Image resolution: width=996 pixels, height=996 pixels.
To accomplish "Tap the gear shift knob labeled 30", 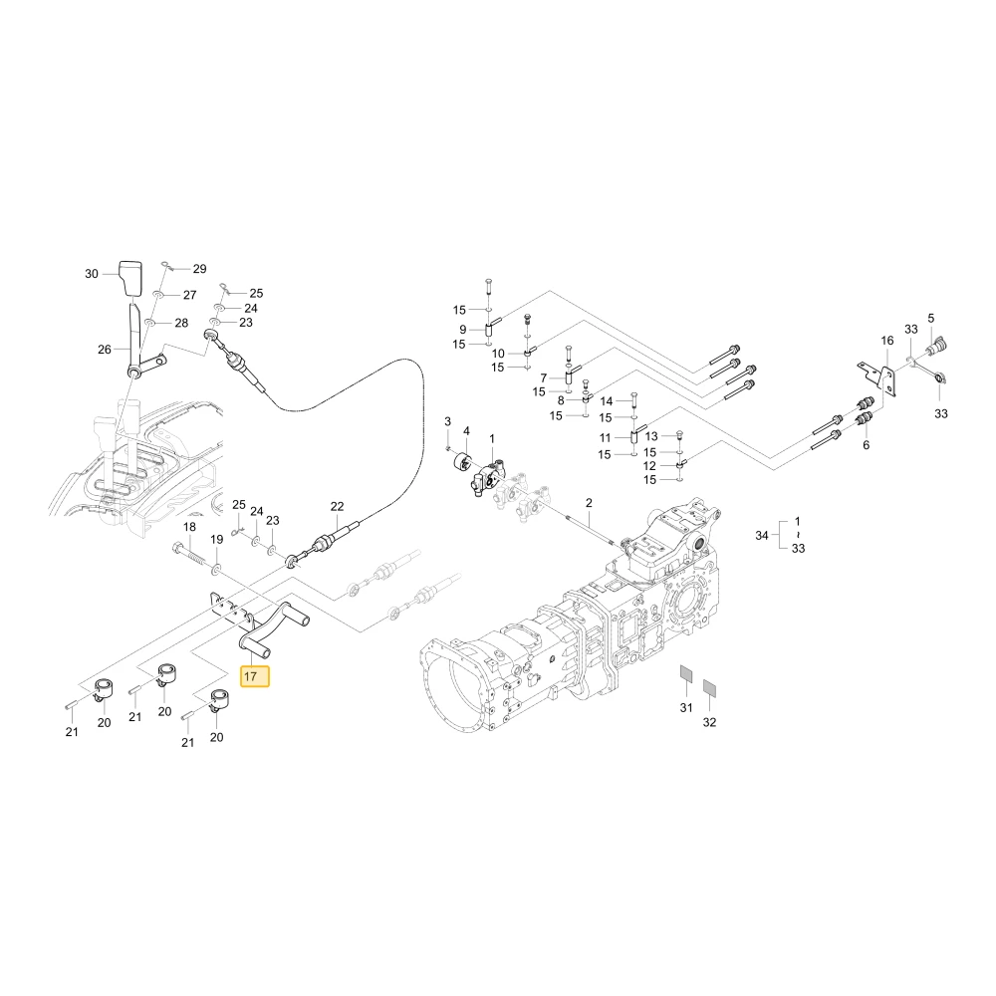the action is point(131,278).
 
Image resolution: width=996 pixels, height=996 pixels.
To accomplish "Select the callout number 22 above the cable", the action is point(337,506).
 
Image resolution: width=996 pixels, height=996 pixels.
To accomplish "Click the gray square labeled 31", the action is point(686,672).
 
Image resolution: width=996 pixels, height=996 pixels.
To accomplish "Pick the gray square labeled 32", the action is point(709,687).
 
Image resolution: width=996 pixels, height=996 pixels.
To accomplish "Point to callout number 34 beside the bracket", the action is point(762,536).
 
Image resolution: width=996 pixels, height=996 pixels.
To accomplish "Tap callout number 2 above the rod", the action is point(589,502).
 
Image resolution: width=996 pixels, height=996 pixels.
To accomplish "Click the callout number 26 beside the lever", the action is point(105,350).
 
